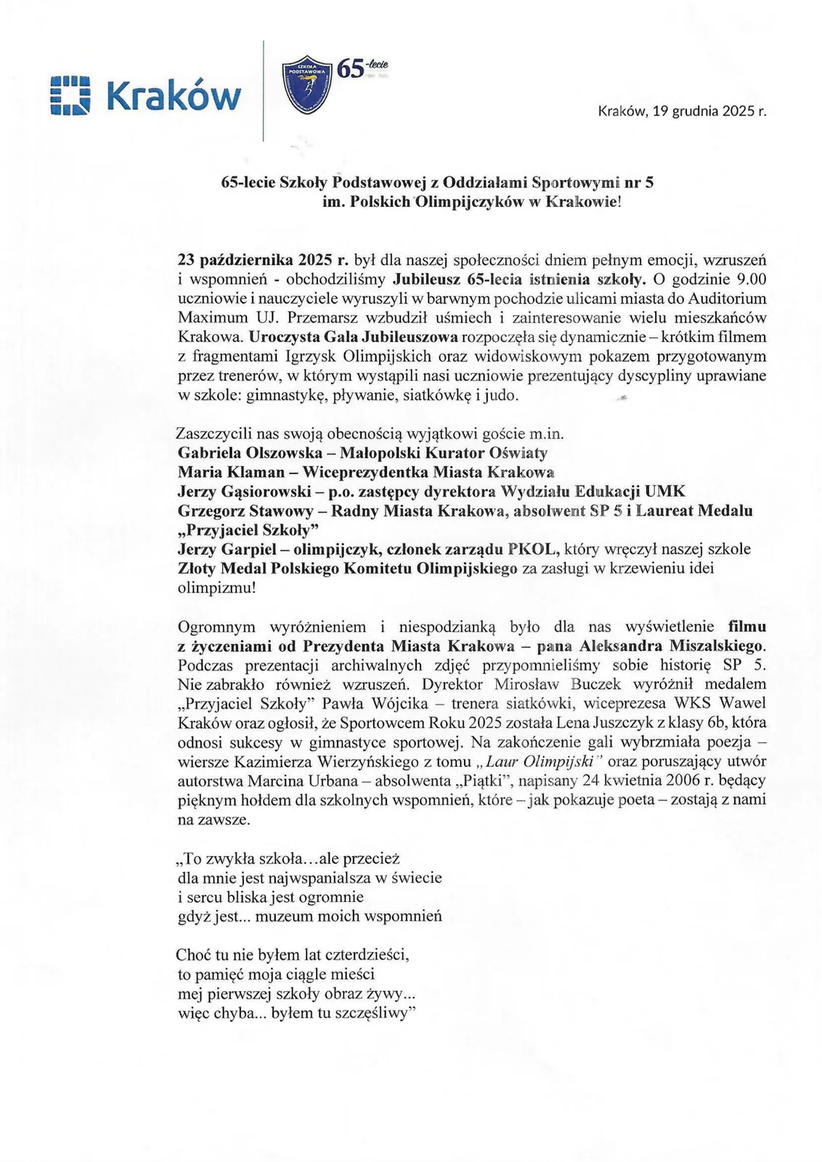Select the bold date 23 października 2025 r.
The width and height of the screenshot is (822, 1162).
point(263,259)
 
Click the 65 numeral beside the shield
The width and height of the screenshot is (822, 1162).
point(350,69)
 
